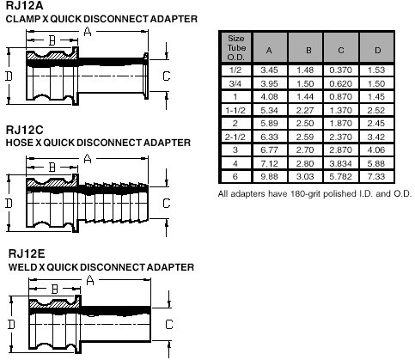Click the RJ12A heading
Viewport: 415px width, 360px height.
click(25, 6)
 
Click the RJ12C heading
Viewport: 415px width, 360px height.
click(25, 130)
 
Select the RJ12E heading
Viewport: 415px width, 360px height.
click(27, 253)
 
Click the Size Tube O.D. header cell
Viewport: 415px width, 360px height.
click(236, 47)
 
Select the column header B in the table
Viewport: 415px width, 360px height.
click(308, 51)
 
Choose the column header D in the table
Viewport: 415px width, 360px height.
click(377, 51)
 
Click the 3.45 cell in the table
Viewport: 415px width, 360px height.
click(269, 70)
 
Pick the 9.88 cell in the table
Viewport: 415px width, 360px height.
click(269, 176)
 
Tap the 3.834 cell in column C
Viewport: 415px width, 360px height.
click(340, 163)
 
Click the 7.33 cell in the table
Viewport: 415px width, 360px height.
click(376, 176)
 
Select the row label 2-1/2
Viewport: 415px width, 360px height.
click(235, 137)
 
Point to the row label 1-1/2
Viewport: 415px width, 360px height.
click(235, 110)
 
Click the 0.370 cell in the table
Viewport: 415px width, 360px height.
click(340, 70)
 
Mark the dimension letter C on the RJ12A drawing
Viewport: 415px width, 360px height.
click(167, 76)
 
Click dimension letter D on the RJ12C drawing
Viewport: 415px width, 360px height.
click(9, 204)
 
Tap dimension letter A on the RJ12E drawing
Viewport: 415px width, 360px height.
click(90, 280)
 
